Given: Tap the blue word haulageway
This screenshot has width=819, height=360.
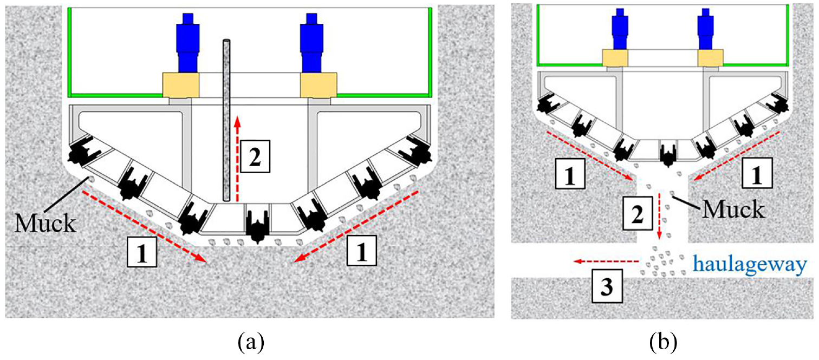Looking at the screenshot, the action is tap(750, 264).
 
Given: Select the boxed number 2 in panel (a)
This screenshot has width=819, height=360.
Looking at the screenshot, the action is tap(255, 156).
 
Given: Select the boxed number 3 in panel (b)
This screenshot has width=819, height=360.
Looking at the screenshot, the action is tap(607, 286).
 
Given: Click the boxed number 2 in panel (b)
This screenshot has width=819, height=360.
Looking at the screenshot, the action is tap(638, 213).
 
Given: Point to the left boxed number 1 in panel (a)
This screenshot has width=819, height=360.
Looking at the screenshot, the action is tap(142, 251).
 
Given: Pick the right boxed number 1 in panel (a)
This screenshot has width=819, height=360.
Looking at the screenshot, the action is tap(361, 250).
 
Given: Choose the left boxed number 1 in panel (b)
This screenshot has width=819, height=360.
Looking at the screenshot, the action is tap(570, 173).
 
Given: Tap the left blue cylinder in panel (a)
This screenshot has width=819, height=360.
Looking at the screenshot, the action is tap(187, 43).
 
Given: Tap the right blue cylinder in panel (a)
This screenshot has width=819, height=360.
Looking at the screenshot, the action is tap(311, 43).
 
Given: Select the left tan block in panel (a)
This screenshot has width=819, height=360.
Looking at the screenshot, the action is tap(181, 85).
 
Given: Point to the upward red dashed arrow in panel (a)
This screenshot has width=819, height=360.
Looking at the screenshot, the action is tap(238, 159).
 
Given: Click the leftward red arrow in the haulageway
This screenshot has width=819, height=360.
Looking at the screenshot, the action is tap(606, 261).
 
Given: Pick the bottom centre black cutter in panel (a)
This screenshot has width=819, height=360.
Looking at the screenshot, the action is tap(258, 226).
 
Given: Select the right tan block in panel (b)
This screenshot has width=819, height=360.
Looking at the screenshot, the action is tap(710, 58).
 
